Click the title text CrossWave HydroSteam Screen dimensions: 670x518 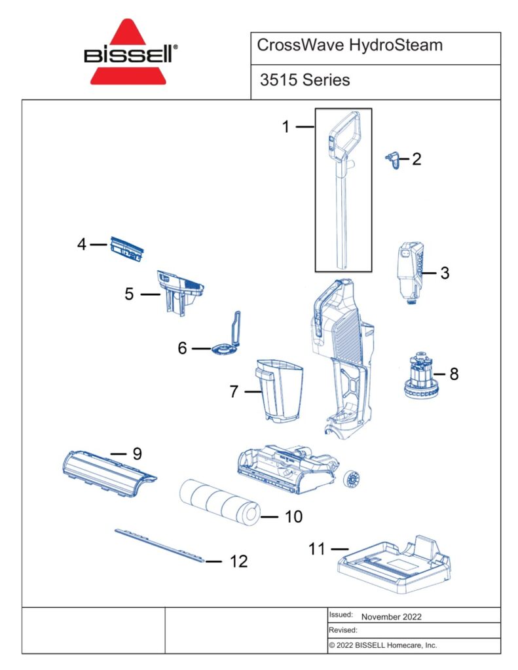tap(350, 46)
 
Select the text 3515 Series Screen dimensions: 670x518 tap(305, 80)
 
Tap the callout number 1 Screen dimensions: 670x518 tap(286, 127)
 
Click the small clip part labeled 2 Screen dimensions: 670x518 tap(393, 159)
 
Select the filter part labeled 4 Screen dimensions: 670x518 tap(126, 249)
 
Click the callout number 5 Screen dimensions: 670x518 tap(130, 294)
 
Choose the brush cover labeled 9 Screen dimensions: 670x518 tap(108, 474)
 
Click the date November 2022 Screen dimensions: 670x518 tap(391, 616)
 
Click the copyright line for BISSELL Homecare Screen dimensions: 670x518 tap(382, 645)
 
